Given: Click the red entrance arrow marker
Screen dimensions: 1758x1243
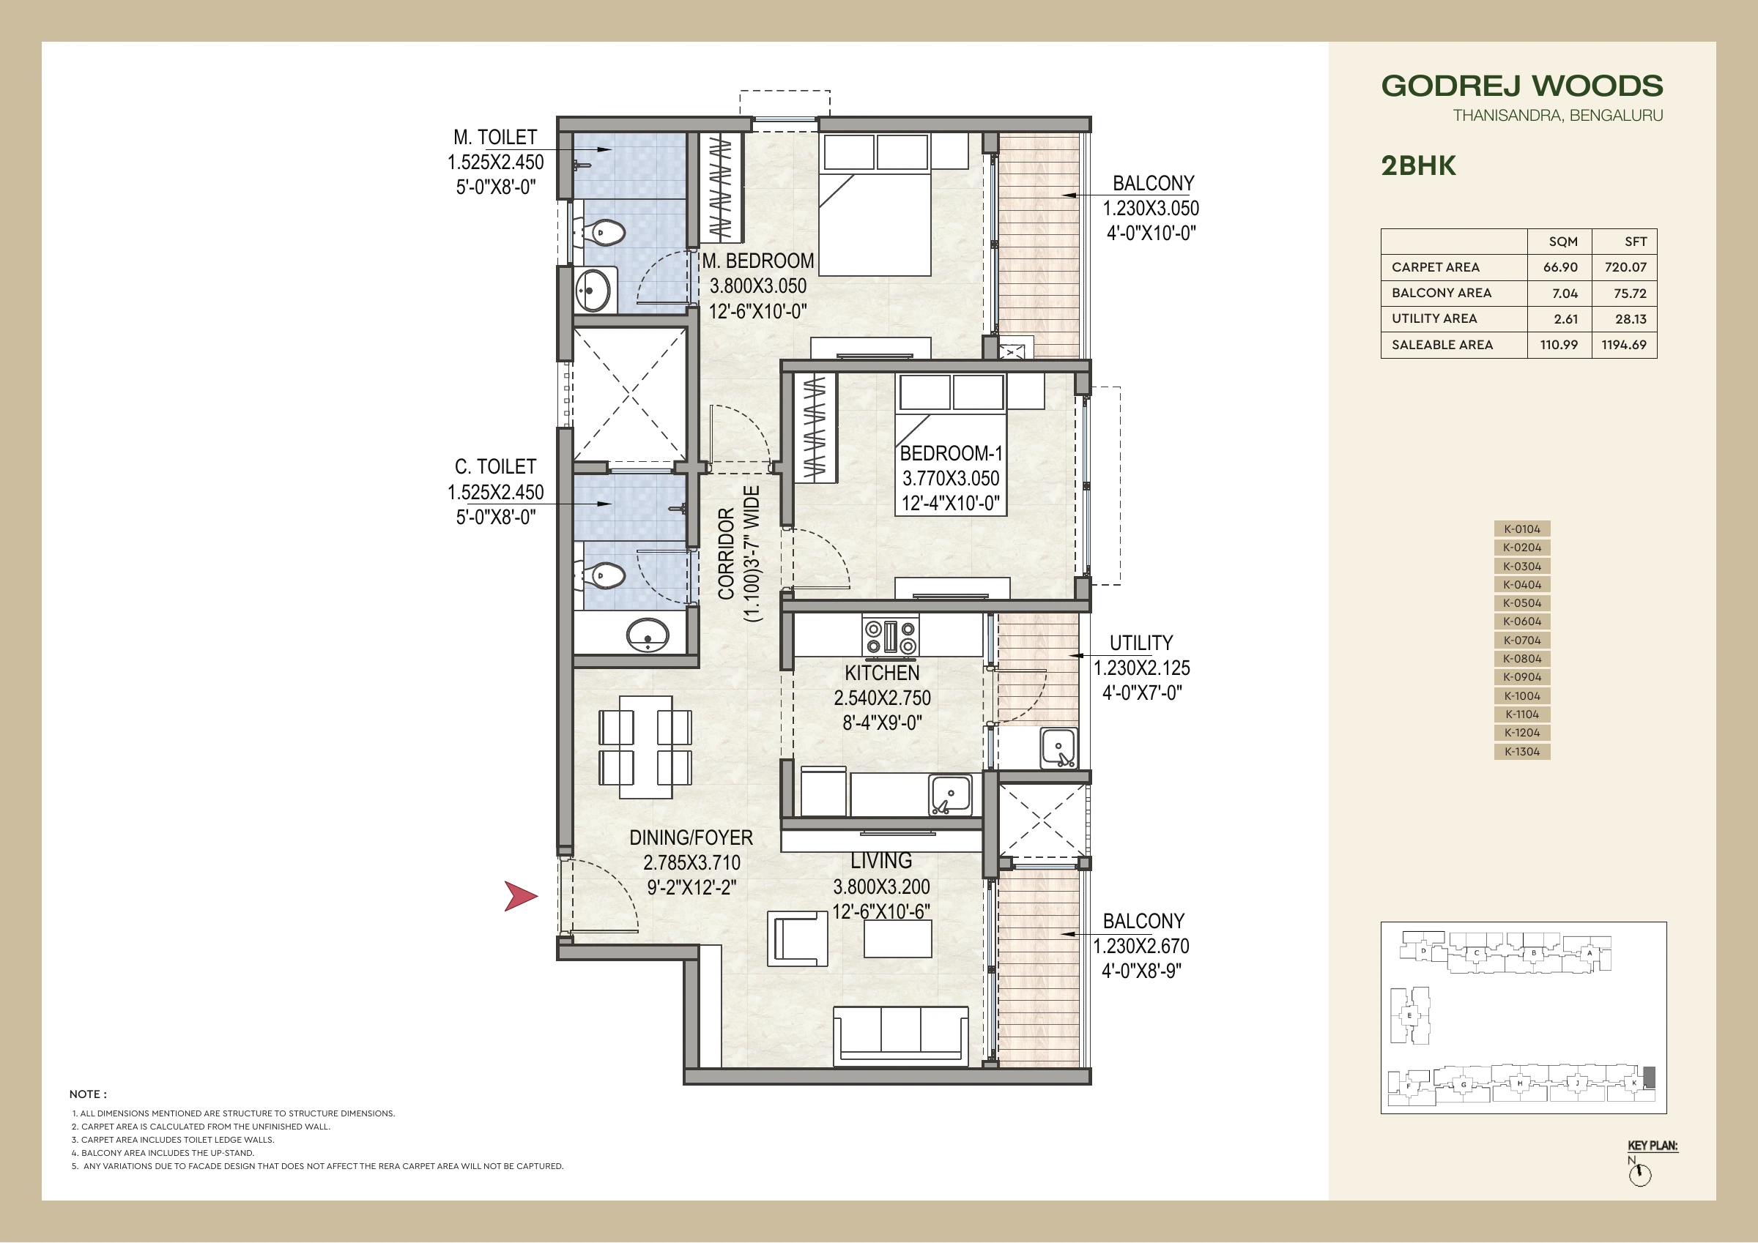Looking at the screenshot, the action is (520, 896).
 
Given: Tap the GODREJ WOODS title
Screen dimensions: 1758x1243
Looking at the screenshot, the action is (1522, 86).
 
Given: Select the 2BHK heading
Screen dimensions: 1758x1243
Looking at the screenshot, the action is (1418, 166).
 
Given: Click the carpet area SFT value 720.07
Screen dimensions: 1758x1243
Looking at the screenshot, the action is (1625, 267).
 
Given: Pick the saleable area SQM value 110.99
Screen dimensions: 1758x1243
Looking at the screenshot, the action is (1559, 345).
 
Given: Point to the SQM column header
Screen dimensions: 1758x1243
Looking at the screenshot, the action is (1562, 242).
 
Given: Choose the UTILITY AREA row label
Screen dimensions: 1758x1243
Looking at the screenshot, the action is (1434, 318).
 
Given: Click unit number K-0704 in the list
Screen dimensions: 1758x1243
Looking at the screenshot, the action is (1522, 640).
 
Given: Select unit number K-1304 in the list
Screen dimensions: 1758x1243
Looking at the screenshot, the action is (1522, 752).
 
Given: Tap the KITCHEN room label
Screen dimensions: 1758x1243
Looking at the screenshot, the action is (882, 673).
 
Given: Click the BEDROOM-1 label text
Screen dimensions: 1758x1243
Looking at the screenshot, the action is (951, 453).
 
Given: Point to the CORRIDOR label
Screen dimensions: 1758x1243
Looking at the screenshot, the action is (727, 554).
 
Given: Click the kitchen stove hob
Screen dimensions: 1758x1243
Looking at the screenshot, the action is (891, 636).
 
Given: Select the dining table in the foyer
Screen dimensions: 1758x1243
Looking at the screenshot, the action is (645, 747).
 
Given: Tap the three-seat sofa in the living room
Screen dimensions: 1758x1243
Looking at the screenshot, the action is (900, 1035).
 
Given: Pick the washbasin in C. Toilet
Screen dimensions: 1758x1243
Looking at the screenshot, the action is (648, 635).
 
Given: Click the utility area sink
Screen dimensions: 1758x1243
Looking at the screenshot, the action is (1058, 748).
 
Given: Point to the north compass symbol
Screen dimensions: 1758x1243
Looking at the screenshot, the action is (1639, 1174).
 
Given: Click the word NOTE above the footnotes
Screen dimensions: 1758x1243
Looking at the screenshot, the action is (88, 1094).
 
